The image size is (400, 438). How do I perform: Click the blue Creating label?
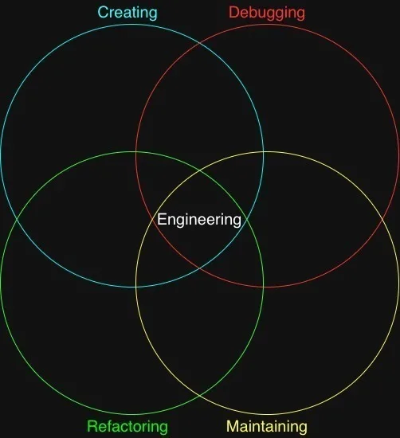[127, 13]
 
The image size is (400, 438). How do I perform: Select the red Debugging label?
[267, 13]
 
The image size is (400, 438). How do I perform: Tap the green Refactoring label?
[127, 426]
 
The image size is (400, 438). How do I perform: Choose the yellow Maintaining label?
[267, 426]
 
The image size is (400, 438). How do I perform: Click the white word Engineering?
[199, 220]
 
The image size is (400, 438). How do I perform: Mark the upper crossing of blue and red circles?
[199, 44]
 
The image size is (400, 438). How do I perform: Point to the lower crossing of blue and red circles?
[199, 268]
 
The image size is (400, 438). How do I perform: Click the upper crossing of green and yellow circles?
[199, 170]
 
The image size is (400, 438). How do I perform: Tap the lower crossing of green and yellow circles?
[199, 396]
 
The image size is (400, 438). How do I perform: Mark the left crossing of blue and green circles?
[18, 220]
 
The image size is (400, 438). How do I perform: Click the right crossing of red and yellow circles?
[382, 220]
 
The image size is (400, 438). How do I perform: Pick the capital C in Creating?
[103, 12]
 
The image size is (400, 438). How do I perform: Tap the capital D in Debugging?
[234, 12]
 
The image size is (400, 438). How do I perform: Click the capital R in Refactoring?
[92, 426]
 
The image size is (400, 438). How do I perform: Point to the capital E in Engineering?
[162, 219]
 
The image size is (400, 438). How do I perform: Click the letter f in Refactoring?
[110, 426]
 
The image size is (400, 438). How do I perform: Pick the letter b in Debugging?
[254, 12]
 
